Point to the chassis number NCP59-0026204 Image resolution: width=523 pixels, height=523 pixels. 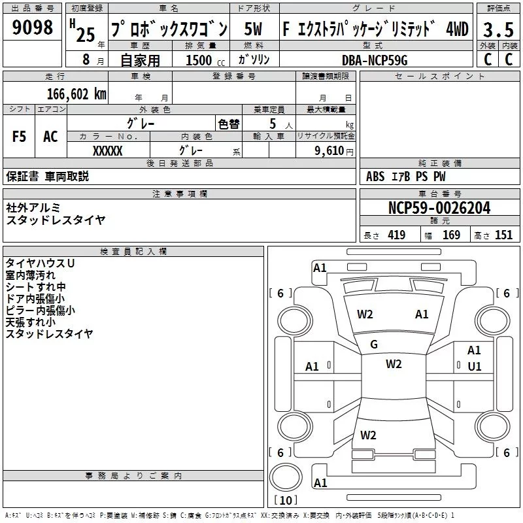click(x=439, y=208)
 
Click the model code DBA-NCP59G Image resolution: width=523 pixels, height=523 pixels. click(x=375, y=60)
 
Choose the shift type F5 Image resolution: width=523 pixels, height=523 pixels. click(x=19, y=137)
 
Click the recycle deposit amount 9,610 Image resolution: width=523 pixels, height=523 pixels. click(x=329, y=150)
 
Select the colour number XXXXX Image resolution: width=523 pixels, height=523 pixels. click(x=108, y=150)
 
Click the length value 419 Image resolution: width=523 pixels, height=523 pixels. click(x=396, y=235)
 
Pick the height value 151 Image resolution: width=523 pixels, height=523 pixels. click(x=503, y=235)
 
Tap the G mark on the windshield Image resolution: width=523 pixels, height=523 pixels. click(x=374, y=345)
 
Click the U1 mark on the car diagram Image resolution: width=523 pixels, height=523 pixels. click(x=474, y=366)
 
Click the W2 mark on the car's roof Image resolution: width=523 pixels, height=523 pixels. click(x=393, y=364)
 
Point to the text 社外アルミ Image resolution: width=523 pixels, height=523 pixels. click(x=33, y=207)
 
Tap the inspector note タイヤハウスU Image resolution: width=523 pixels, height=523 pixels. click(x=40, y=263)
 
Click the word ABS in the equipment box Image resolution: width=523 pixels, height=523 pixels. click(x=375, y=177)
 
